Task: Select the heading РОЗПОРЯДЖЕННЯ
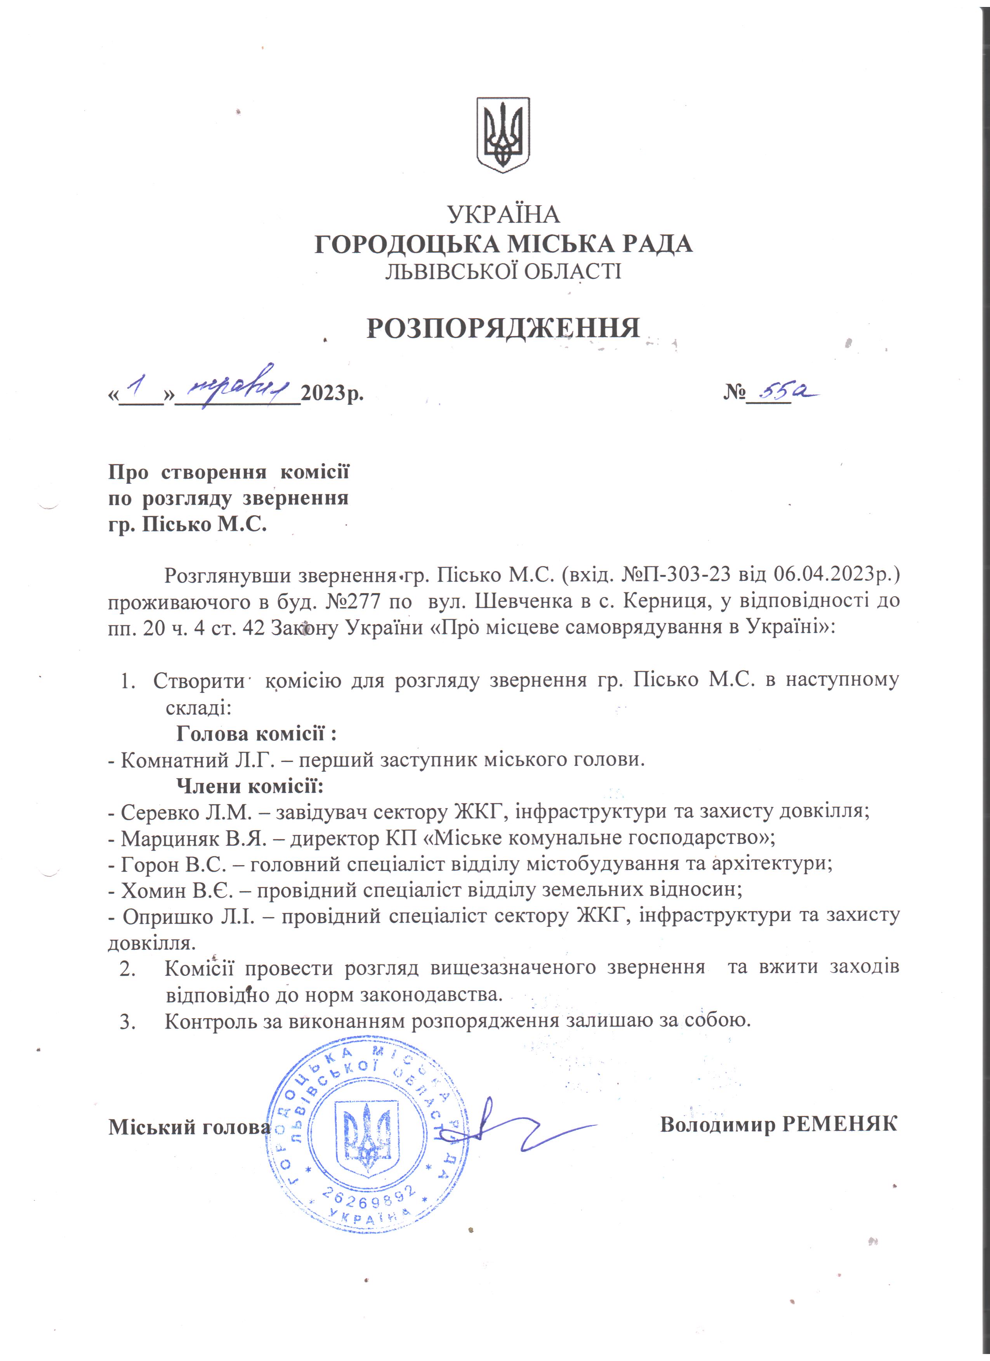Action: tap(503, 328)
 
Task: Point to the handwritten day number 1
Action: tap(137, 390)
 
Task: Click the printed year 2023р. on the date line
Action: tap(332, 395)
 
